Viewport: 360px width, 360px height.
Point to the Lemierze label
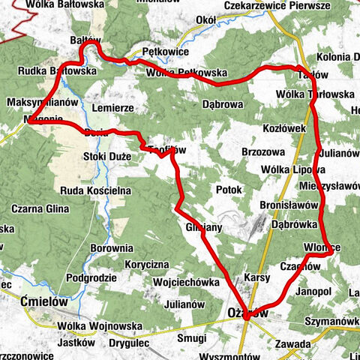pyautogui.click(x=112, y=108)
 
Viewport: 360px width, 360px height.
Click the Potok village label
pyautogui.click(x=227, y=190)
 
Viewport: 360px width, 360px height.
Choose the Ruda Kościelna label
pyautogui.click(x=96, y=190)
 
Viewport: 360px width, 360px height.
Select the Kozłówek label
pyautogui.click(x=285, y=128)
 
